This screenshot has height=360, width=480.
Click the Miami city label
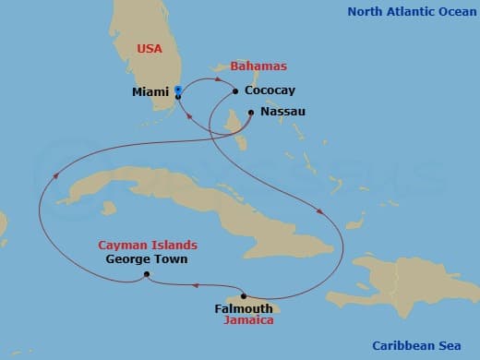coord(150,92)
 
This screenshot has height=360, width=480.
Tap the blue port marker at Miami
coord(177,90)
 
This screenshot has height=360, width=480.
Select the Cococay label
coord(270,91)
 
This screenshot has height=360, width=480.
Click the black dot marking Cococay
coord(235,90)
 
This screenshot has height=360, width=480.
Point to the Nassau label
coord(283,112)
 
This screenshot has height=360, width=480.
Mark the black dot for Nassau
coord(250,112)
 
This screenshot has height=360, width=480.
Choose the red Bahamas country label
coord(258,66)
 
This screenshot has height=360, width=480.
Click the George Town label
coord(147,259)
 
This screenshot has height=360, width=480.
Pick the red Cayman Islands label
coord(149,246)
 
